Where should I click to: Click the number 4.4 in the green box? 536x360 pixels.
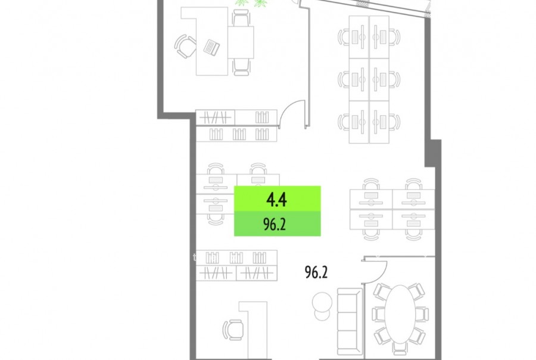(x=276, y=200)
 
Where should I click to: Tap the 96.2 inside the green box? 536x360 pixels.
(x=275, y=225)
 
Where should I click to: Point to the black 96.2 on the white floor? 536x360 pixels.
(x=316, y=272)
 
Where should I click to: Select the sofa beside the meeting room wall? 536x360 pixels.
(x=350, y=321)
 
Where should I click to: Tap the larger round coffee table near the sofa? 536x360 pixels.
(x=322, y=302)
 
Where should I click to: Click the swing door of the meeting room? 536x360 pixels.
(x=374, y=272)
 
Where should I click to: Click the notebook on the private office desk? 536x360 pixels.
(x=211, y=47)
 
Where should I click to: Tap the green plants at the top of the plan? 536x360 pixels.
(x=251, y=3)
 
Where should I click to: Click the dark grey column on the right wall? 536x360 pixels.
(x=433, y=153)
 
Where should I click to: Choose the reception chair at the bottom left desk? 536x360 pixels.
(x=233, y=330)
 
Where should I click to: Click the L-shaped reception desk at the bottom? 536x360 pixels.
(x=253, y=329)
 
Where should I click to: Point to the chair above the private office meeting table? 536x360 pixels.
(x=241, y=18)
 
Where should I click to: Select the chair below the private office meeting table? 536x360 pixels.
(x=241, y=67)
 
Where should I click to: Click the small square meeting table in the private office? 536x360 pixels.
(x=241, y=42)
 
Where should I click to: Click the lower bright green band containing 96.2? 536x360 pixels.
(x=277, y=224)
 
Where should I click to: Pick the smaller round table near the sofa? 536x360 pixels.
(x=322, y=314)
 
